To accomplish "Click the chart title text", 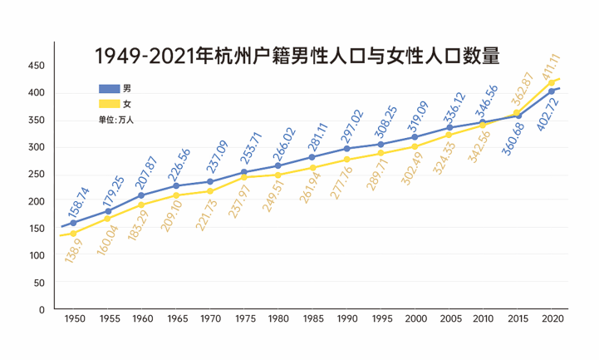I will coord(297,57).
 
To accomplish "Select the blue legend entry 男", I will coord(114,88).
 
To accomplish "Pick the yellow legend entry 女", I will coord(114,104).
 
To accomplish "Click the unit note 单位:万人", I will coord(115,120).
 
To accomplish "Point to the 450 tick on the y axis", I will coord(36,66).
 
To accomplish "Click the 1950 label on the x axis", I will coord(74,319).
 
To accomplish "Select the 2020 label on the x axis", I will coord(552,319).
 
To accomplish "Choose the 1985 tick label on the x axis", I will coord(312,319).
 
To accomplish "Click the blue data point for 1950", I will coord(74,223).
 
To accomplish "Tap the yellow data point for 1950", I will coord(74,234).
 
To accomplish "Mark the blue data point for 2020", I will coord(552,91).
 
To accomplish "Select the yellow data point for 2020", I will coord(552,82).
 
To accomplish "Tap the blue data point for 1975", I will coord(244,172).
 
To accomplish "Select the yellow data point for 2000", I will coord(415,146).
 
